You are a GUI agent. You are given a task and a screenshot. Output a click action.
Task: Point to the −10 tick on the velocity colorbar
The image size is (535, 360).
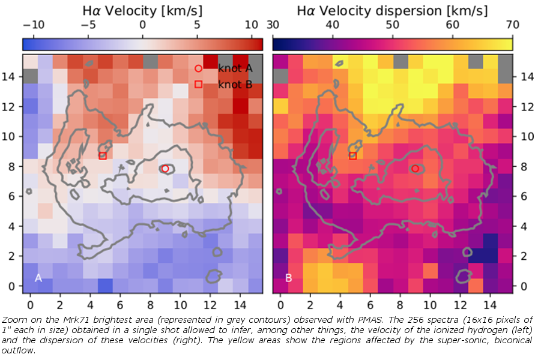click(x=32, y=25)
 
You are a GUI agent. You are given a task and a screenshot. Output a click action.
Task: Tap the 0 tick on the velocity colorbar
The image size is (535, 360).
click(x=142, y=25)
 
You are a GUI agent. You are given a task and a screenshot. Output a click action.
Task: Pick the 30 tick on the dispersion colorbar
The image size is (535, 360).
click(x=273, y=25)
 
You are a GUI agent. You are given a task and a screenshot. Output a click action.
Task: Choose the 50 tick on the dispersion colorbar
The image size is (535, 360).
click(x=392, y=25)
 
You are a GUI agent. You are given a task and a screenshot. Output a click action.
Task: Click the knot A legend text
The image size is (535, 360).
click(x=235, y=68)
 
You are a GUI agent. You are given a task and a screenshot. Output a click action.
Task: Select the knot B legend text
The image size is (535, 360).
click(x=235, y=85)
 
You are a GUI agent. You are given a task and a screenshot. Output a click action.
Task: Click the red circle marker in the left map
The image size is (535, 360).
click(x=165, y=169)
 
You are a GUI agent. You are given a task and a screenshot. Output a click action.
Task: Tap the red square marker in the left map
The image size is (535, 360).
click(x=103, y=156)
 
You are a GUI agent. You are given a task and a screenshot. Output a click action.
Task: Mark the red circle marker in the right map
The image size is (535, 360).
click(x=415, y=169)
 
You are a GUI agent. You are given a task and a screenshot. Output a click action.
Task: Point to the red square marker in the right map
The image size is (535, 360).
click(x=352, y=156)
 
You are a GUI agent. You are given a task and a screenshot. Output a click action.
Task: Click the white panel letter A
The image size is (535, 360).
click(x=38, y=278)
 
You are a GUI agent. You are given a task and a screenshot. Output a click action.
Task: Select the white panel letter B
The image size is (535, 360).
click(x=288, y=278)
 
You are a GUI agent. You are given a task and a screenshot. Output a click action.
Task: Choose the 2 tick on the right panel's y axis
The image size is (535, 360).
click(x=522, y=256)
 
